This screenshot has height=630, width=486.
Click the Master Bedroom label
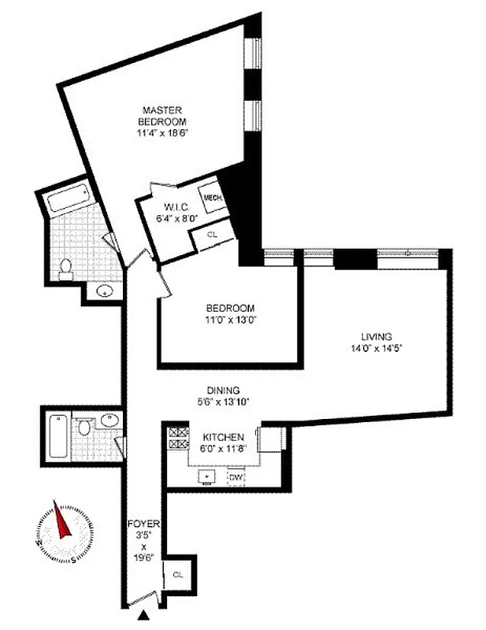162,116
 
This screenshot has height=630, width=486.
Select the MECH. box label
212,198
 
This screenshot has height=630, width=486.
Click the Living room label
383,335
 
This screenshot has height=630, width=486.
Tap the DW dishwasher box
236,477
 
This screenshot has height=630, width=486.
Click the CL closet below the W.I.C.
213,234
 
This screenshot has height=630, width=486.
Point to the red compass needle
60,520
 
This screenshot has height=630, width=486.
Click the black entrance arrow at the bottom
145,615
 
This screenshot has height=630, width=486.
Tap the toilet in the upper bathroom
66,269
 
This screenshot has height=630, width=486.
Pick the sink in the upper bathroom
103,291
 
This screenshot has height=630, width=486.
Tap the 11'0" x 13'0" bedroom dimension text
231,321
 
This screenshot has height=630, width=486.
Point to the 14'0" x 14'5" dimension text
383,347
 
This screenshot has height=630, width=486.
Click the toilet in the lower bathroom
85,430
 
